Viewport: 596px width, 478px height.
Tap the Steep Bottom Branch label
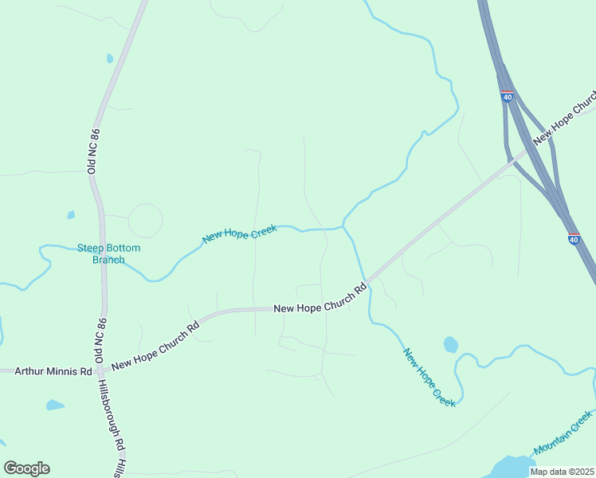(x=108, y=253)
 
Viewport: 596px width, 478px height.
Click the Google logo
(x=26, y=468)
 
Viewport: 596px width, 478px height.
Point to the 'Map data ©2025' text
(x=560, y=472)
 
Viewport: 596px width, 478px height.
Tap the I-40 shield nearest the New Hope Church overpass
(x=507, y=96)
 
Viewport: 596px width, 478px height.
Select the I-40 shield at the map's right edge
(x=574, y=238)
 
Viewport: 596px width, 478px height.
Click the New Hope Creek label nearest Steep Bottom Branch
(x=239, y=233)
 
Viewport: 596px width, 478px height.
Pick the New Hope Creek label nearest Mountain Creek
(x=429, y=378)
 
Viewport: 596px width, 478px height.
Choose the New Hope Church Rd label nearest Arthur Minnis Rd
(x=155, y=347)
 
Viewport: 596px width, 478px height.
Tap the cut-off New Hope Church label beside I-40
(x=564, y=120)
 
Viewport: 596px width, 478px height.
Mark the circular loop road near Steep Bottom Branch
(x=146, y=221)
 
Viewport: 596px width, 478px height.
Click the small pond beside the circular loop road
(x=71, y=214)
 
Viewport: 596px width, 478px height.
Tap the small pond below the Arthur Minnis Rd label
(x=54, y=405)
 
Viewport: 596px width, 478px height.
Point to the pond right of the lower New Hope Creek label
(x=451, y=344)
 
